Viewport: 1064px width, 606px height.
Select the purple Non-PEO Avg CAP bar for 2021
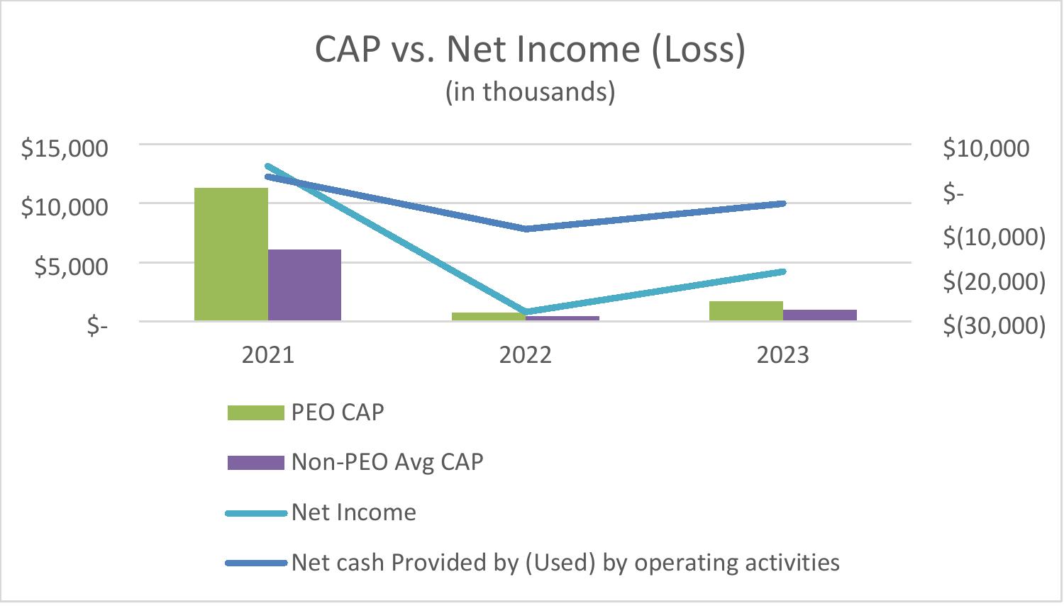(x=304, y=285)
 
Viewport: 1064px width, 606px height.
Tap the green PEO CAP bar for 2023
(x=746, y=311)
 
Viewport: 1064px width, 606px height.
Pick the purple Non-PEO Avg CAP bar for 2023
(x=820, y=315)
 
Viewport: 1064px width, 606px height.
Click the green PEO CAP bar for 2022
(x=489, y=317)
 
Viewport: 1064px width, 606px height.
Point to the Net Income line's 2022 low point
(x=526, y=312)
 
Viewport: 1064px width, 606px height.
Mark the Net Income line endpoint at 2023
(x=784, y=271)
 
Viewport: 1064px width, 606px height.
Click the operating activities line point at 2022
(x=526, y=229)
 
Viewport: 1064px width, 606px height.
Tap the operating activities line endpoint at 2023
(x=784, y=203)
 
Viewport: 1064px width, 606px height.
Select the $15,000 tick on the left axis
(x=65, y=148)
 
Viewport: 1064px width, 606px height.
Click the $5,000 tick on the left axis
(x=72, y=266)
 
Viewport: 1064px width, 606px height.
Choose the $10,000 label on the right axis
(x=986, y=148)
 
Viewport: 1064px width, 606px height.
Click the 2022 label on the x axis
(x=526, y=354)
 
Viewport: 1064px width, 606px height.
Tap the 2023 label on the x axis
(x=783, y=354)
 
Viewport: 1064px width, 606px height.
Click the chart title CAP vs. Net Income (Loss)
(x=530, y=50)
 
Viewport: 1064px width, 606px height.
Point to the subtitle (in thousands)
(x=530, y=92)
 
